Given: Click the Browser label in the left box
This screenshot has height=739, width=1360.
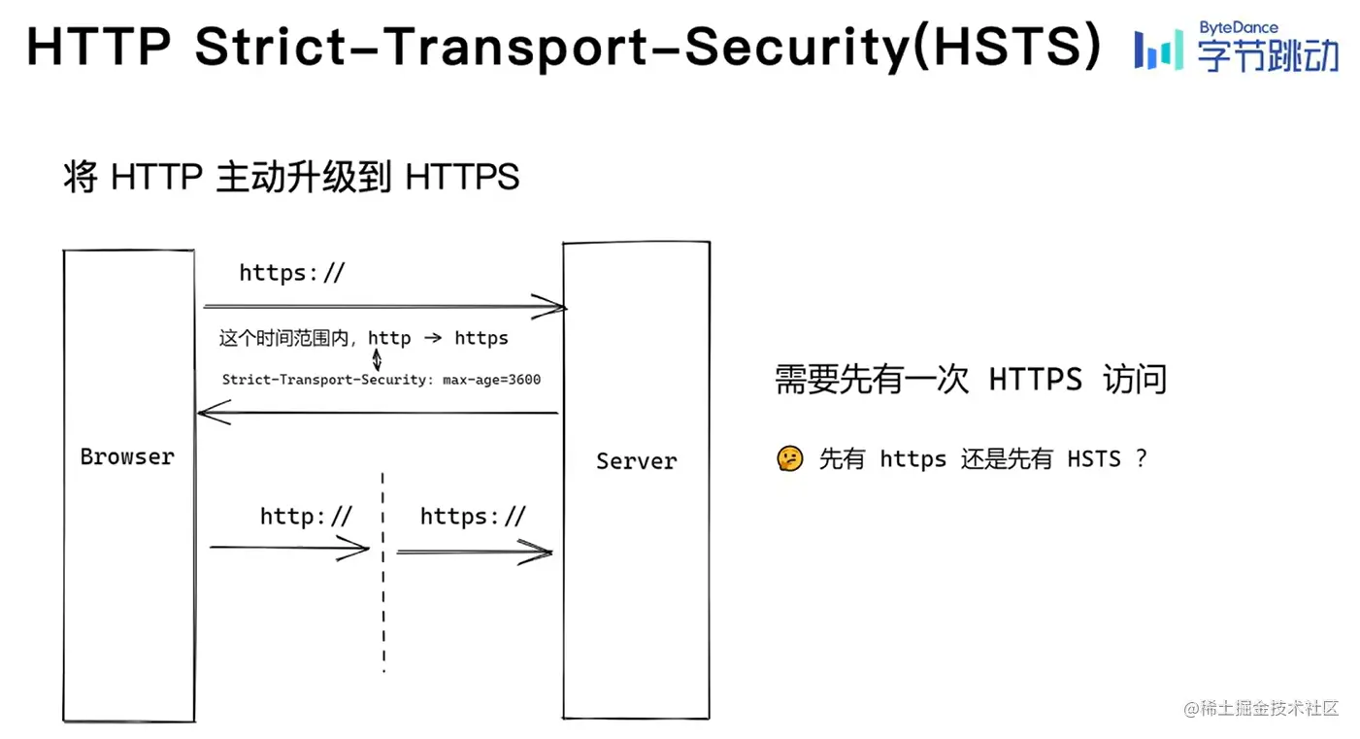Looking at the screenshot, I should tap(127, 456).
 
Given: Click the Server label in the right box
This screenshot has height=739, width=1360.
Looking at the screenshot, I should tap(636, 461).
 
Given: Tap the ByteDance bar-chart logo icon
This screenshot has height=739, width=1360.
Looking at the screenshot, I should tap(1159, 49).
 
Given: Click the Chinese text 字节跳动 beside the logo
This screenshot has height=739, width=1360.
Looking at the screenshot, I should tap(1268, 55).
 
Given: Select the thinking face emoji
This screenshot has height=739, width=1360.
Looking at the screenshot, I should tap(790, 458).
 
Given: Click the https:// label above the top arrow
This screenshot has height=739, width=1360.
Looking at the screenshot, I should tap(291, 274).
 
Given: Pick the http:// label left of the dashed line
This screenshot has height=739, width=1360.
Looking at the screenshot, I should tap(306, 517).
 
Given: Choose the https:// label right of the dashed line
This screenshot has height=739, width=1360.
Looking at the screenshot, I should tap(473, 517).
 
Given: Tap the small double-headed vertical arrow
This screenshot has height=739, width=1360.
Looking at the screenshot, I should tap(378, 359).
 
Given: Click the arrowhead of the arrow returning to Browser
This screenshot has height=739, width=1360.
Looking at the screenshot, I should tap(208, 415).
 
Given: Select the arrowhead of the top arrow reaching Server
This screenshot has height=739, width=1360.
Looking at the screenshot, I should tap(555, 308).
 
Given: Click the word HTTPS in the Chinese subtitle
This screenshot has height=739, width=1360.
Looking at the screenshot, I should tap(462, 178).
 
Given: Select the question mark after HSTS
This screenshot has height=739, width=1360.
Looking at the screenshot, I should tap(1141, 458).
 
